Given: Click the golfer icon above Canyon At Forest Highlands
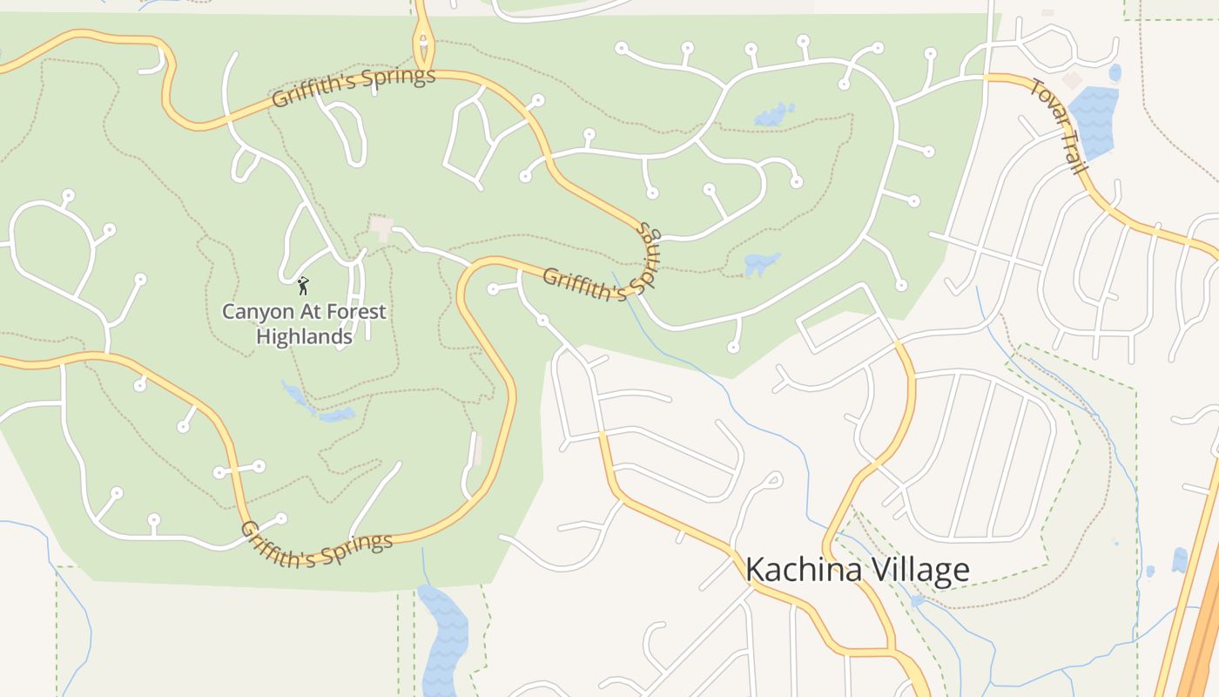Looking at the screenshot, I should pyautogui.click(x=303, y=285).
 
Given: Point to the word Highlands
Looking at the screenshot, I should pyautogui.click(x=304, y=336).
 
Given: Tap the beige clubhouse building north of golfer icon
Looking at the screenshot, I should pyautogui.click(x=381, y=227).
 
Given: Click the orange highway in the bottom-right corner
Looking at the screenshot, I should pyautogui.click(x=1202, y=627).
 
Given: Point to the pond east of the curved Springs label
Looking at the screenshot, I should pyautogui.click(x=761, y=263).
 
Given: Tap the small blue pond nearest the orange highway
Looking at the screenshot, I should pyautogui.click(x=1179, y=558).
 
